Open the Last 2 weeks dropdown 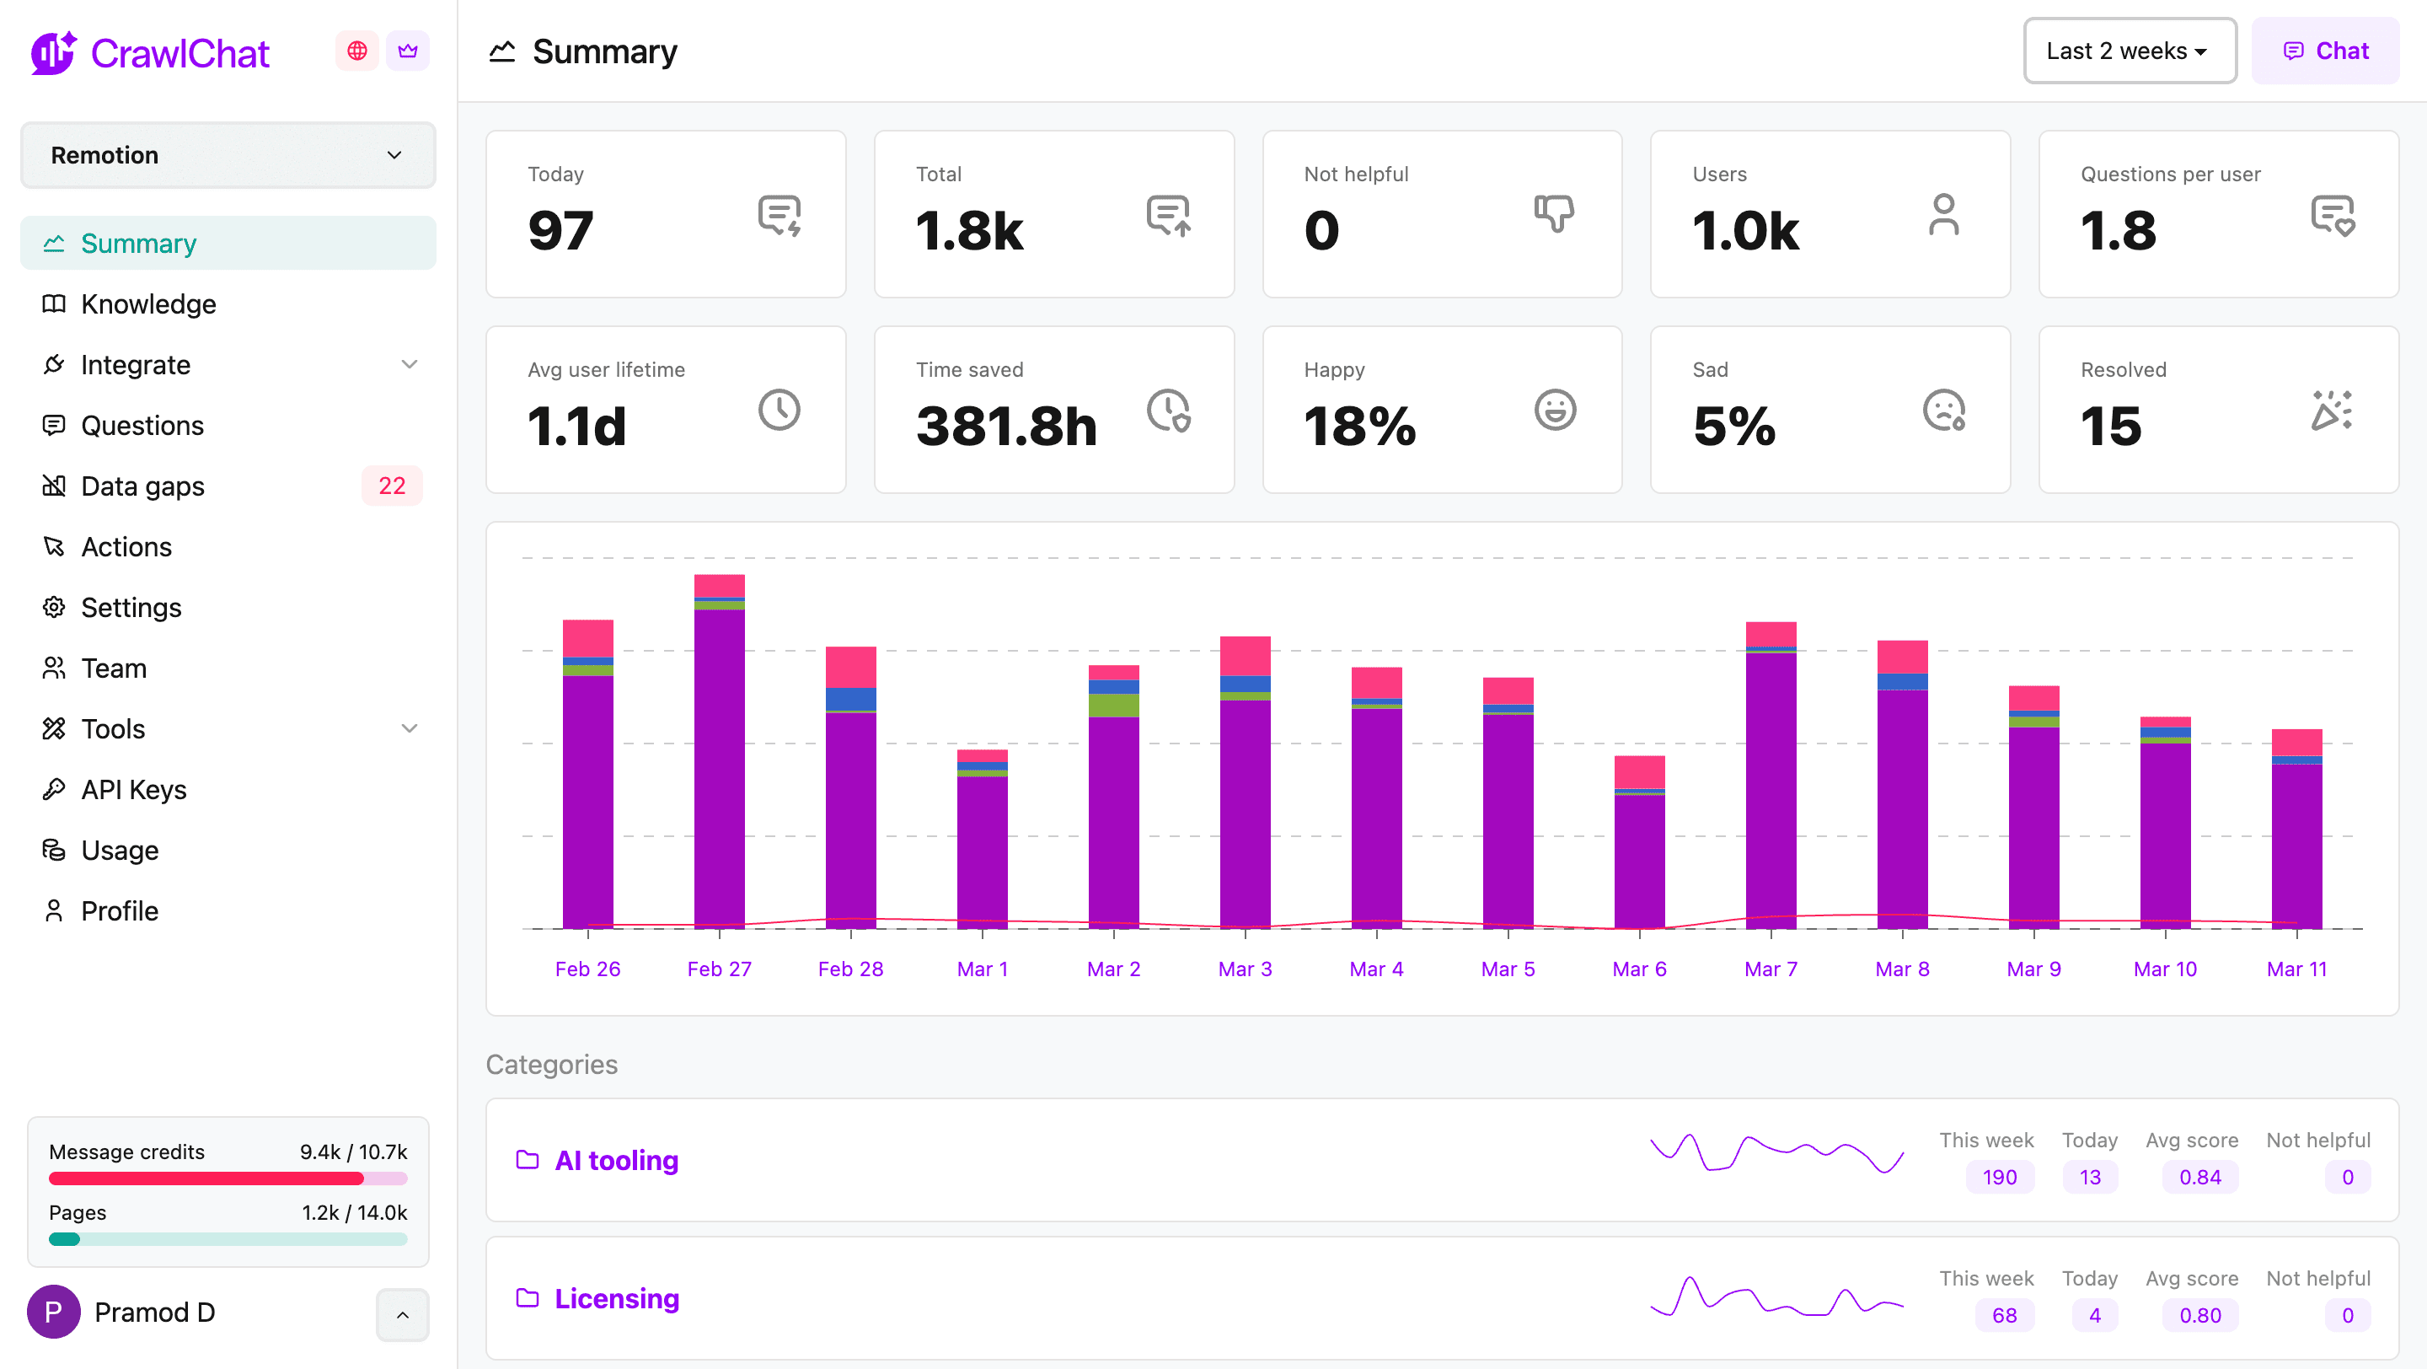tap(2130, 51)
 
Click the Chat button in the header tap(2325, 51)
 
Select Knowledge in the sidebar tap(148, 304)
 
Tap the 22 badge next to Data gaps tap(392, 486)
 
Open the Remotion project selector tap(228, 154)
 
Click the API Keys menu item tap(134, 790)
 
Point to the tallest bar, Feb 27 tap(720, 751)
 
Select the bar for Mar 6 tap(1639, 842)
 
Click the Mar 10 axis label tap(2165, 969)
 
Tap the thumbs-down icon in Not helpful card tap(1554, 214)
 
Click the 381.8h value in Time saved tap(1006, 426)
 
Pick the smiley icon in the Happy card tap(1555, 410)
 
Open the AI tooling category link tap(616, 1160)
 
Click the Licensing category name tap(616, 1298)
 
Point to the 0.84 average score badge tap(2200, 1177)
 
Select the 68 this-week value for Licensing tap(2004, 1315)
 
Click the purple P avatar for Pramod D tap(54, 1313)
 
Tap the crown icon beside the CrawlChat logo tap(408, 51)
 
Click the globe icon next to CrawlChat tap(357, 51)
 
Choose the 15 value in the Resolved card tap(2110, 426)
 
